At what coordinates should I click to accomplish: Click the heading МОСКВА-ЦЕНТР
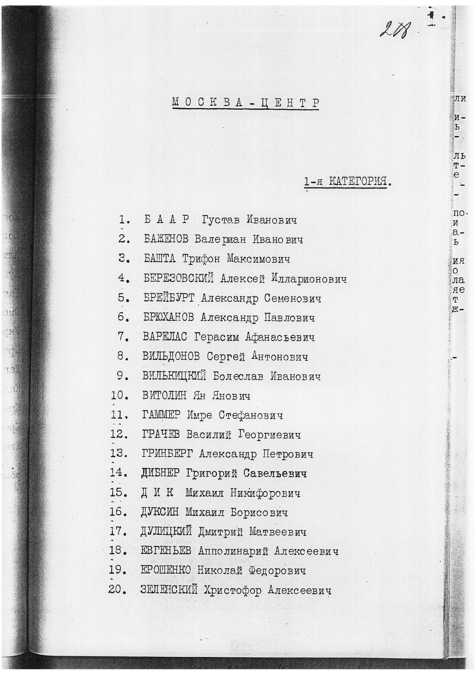pos(245,103)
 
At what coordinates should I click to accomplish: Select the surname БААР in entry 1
pos(167,219)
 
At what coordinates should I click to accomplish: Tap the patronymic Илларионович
pos(303,279)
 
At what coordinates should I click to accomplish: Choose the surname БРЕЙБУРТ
pos(169,298)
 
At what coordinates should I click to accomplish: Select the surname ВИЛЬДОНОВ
pos(171,357)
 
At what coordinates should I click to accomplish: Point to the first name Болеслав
pos(239,376)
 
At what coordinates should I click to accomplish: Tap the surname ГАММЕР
pos(162,415)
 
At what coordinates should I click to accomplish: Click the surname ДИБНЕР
pos(160,473)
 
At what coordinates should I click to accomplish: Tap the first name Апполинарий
pos(233,551)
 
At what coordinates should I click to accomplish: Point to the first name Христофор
pos(233,591)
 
